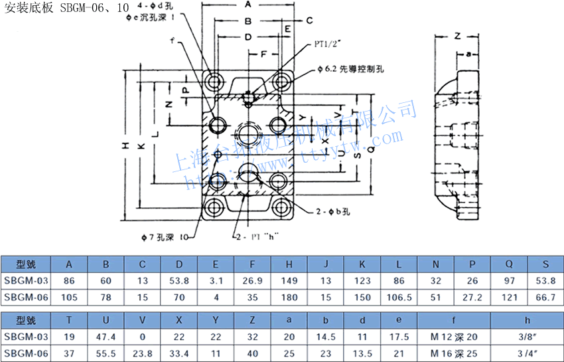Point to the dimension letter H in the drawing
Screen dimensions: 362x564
(125, 145)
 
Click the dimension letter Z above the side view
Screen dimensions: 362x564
(457, 37)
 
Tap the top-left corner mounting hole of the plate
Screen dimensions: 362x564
(214, 82)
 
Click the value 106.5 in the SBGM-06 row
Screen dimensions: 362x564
(399, 297)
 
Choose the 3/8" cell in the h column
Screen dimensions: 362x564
(526, 337)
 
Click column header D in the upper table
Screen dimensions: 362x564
(179, 264)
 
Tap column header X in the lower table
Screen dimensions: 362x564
(179, 320)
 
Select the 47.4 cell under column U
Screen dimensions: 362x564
(106, 337)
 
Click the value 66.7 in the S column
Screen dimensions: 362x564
(545, 297)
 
